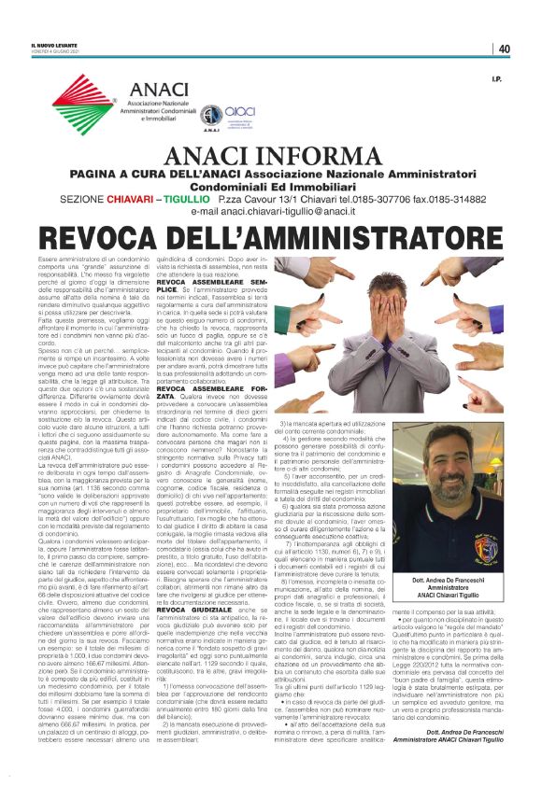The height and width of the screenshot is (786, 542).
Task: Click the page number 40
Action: click(x=504, y=49)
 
